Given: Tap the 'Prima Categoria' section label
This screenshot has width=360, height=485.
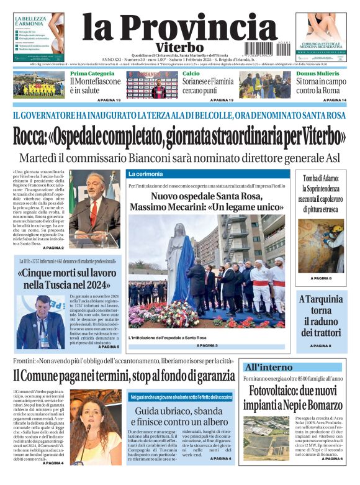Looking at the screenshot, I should point(92,73).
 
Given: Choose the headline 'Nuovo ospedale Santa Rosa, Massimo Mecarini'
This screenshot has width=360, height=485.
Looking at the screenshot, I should point(206,201).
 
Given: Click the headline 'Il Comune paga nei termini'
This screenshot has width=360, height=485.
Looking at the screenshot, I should point(124,375).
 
